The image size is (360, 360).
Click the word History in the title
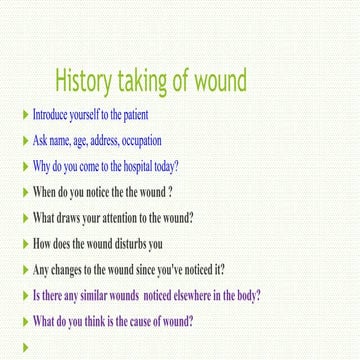click(92, 80)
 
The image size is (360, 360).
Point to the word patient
click(135, 116)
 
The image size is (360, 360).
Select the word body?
click(247, 296)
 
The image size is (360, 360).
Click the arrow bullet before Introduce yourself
click(25, 116)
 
